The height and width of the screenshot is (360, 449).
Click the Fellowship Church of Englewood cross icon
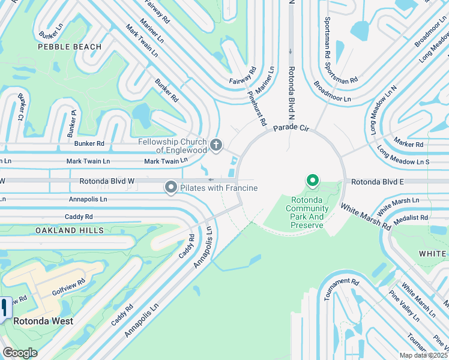(x=216, y=145)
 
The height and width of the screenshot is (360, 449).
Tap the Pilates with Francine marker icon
(x=170, y=188)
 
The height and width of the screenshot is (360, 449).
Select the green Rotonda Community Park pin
(x=312, y=180)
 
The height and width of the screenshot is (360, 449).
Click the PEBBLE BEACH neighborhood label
(x=70, y=47)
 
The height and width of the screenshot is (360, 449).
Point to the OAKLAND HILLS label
(x=69, y=230)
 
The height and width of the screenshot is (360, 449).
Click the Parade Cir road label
(x=291, y=128)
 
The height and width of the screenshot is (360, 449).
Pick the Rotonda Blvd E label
(x=376, y=181)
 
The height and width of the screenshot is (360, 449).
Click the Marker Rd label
(x=409, y=144)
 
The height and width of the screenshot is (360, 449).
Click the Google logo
(x=20, y=353)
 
